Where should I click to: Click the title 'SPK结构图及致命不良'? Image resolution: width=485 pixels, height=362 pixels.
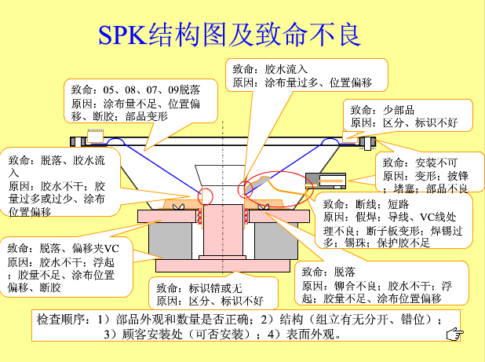tap(228, 34)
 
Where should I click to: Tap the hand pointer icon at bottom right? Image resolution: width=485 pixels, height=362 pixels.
tap(453, 335)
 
